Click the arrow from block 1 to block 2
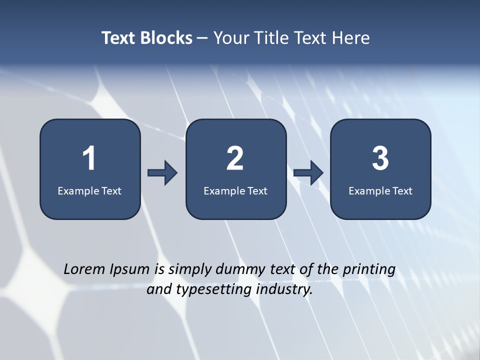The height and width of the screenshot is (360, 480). click(162, 173)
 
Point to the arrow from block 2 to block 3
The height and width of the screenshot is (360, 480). click(308, 173)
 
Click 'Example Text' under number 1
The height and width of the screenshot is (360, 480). click(89, 190)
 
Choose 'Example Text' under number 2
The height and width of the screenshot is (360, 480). click(235, 190)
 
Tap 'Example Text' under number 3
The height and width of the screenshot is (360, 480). click(380, 190)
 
